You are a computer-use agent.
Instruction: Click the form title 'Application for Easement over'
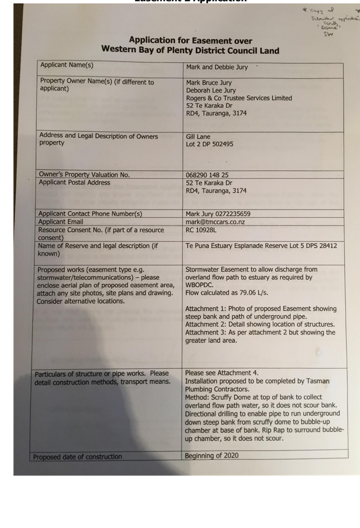click(190, 40)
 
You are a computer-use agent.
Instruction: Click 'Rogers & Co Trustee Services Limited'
click(239, 98)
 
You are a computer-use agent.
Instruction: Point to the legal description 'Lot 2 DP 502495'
click(210, 144)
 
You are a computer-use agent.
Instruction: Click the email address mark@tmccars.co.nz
click(215, 222)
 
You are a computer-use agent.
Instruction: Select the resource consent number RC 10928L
click(201, 230)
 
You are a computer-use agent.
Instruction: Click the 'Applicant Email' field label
click(61, 222)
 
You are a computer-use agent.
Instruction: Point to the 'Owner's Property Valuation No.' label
click(84, 174)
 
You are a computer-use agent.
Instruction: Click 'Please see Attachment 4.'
click(221, 373)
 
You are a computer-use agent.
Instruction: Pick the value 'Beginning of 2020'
click(212, 456)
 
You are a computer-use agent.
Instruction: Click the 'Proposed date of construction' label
click(77, 456)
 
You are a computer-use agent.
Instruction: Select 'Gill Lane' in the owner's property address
click(198, 137)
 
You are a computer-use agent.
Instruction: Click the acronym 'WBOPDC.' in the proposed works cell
click(199, 285)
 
